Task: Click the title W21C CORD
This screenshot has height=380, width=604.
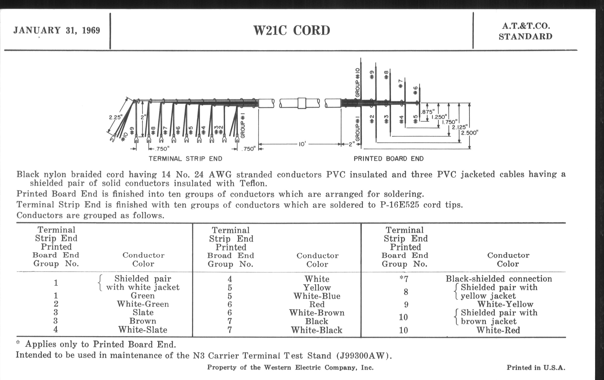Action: point(292,31)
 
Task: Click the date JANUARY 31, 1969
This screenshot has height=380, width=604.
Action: point(57,30)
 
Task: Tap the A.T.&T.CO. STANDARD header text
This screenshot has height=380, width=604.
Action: point(526,31)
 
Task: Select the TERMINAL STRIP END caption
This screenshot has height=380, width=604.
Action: point(185,159)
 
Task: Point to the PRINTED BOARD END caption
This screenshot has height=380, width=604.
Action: point(388,159)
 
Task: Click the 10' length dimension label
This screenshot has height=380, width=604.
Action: point(302,144)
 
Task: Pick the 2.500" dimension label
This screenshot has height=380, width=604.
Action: point(470,133)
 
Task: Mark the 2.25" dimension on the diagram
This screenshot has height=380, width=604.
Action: point(115,117)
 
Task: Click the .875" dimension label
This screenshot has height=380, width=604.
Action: point(428,112)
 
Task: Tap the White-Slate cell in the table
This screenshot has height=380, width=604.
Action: point(143,330)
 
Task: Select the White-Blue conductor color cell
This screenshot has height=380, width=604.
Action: point(317,296)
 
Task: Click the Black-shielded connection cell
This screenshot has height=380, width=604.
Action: point(499,279)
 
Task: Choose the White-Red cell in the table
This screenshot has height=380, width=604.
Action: point(498,330)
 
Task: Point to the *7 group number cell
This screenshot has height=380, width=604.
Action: point(404,279)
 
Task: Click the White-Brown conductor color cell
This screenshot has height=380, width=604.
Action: point(317,313)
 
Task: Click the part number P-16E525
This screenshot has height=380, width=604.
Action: point(400,205)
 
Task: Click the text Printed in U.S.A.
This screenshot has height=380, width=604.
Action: point(536,368)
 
